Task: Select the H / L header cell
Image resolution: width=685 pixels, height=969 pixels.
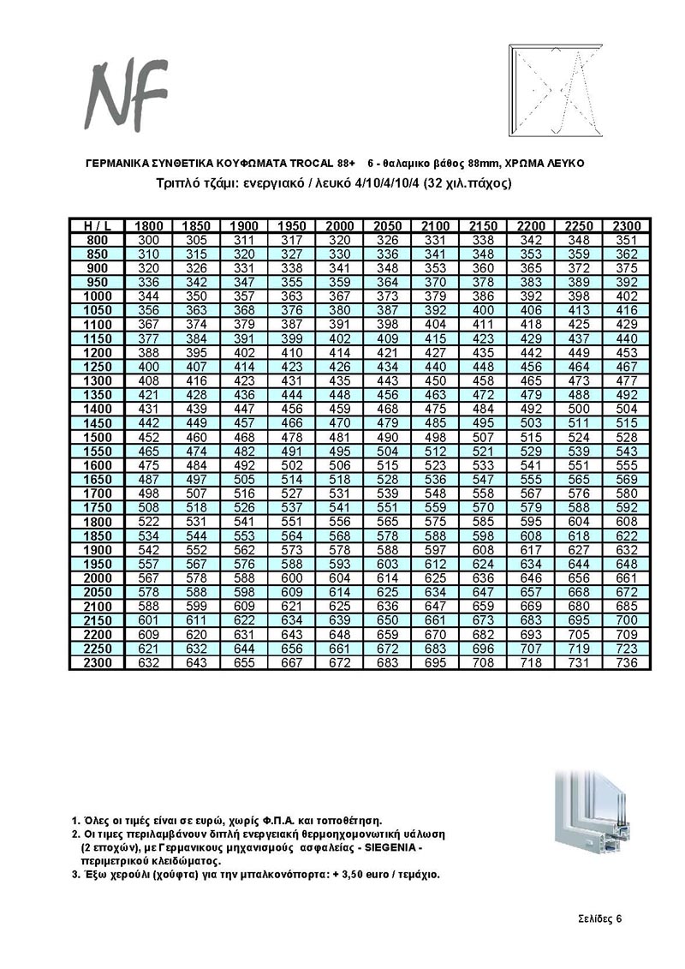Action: click(98, 225)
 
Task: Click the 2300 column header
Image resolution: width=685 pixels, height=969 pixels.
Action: click(628, 225)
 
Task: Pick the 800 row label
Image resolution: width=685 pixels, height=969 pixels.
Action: click(98, 239)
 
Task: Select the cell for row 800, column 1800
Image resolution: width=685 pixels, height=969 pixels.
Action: click(150, 239)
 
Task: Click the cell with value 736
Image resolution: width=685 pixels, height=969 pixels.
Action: click(628, 663)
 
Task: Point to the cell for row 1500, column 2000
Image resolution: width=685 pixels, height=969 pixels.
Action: click(340, 437)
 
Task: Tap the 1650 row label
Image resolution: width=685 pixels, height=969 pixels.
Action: click(98, 479)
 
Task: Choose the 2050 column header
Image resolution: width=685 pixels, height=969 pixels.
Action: click(388, 225)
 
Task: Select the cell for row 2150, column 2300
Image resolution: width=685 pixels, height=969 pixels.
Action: click(628, 619)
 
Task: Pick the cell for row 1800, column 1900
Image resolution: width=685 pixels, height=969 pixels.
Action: click(245, 521)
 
